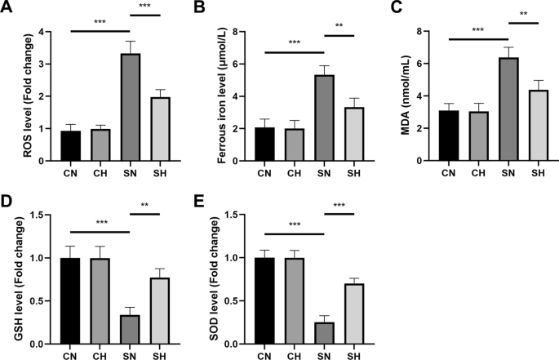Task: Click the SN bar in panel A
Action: pyautogui.click(x=130, y=107)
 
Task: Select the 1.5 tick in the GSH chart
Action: pyautogui.click(x=33, y=215)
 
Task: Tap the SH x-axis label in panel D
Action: pyautogui.click(x=161, y=355)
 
